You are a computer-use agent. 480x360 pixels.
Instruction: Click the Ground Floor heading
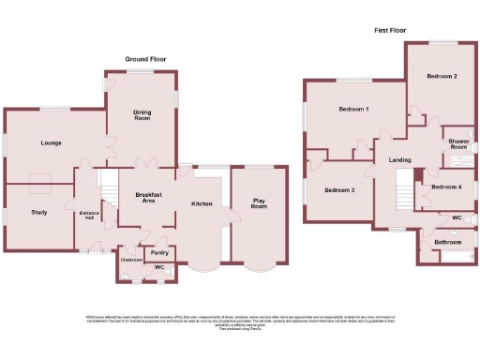[145, 59]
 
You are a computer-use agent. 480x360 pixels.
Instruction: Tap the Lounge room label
[51, 143]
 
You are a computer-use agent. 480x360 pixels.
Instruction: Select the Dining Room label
[142, 114]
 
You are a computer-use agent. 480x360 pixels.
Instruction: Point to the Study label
[38, 212]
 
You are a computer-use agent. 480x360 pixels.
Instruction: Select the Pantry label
[159, 252]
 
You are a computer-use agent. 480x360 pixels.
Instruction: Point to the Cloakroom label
[131, 259]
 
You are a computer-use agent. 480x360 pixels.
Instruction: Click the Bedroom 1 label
[353, 110]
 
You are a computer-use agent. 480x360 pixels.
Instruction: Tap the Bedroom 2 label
[442, 75]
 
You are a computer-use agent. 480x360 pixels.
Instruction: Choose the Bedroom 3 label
[339, 190]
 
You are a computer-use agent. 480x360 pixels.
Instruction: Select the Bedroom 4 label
[446, 187]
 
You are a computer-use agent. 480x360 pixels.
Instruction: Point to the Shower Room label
[457, 143]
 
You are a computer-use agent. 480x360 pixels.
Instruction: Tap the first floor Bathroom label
[447, 243]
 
